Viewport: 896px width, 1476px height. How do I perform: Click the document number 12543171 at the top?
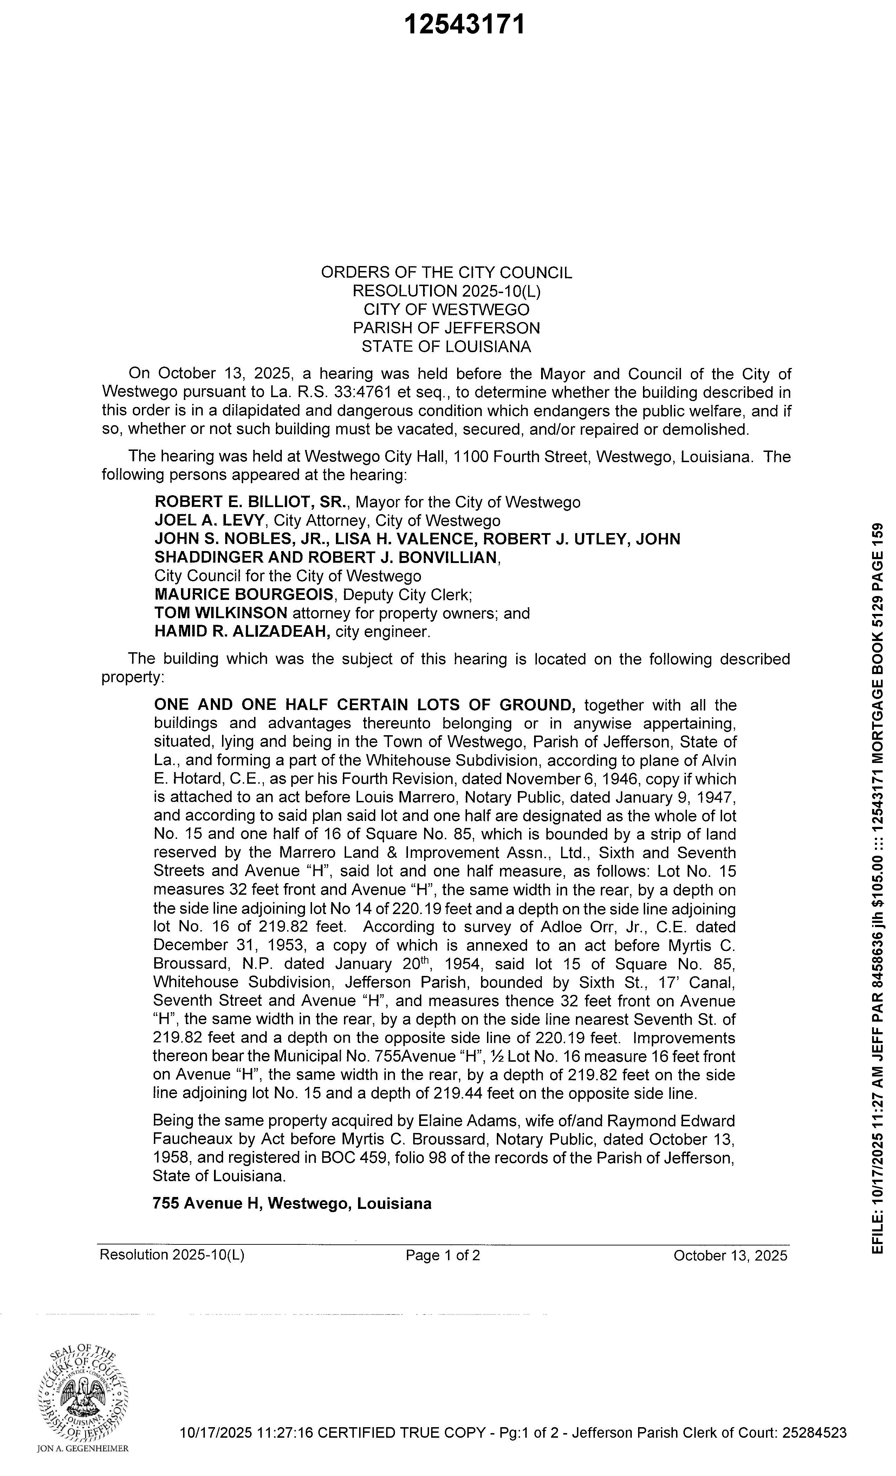[x=464, y=25]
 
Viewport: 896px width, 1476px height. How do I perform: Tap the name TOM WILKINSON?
[x=220, y=613]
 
